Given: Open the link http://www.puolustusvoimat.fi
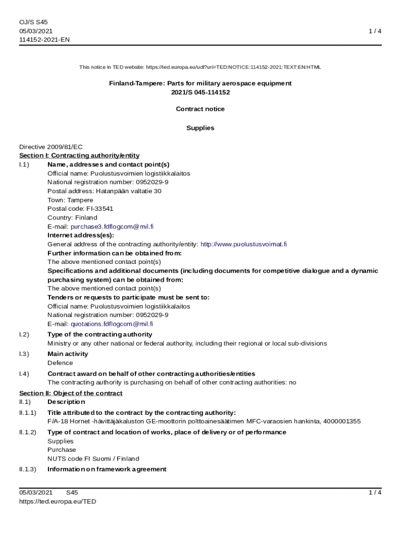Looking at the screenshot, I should (x=244, y=244).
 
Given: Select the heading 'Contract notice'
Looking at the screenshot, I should (x=200, y=109).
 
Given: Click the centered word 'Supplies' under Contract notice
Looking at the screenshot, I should (x=200, y=128).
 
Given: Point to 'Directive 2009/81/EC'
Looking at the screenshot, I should (x=51, y=147).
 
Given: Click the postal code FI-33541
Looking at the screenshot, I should (x=96, y=209).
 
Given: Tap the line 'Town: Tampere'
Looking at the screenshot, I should (x=70, y=200).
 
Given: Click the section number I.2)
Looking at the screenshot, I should (x=24, y=335).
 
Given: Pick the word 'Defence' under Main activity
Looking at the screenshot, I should (x=60, y=363).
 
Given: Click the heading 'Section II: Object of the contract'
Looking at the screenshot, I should (x=71, y=393).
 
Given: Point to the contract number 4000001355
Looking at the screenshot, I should (x=342, y=421).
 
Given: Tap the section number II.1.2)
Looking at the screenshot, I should (x=28, y=432).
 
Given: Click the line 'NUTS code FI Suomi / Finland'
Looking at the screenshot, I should (x=93, y=459).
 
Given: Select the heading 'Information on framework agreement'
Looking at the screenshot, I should (x=107, y=469).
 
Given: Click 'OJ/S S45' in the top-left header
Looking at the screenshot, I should (x=33, y=22).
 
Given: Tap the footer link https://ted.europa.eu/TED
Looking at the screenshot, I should (x=58, y=501).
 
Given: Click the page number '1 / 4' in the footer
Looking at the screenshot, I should (x=374, y=492).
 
